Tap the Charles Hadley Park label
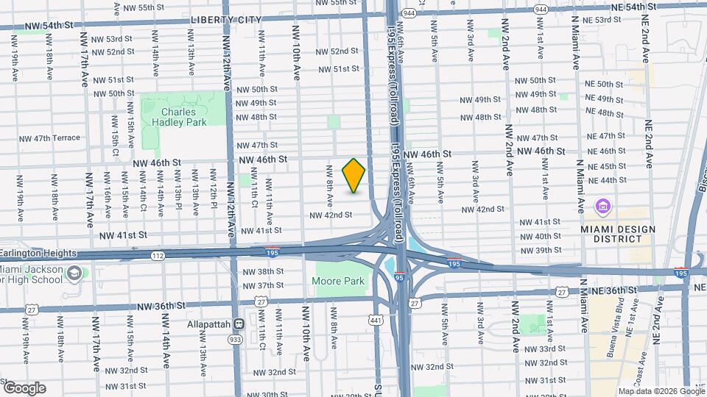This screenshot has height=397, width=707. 184,117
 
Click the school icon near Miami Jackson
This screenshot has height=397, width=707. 74,273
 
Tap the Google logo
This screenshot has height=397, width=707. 24,387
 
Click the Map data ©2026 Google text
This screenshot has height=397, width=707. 661,391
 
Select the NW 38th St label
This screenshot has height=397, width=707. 260,272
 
